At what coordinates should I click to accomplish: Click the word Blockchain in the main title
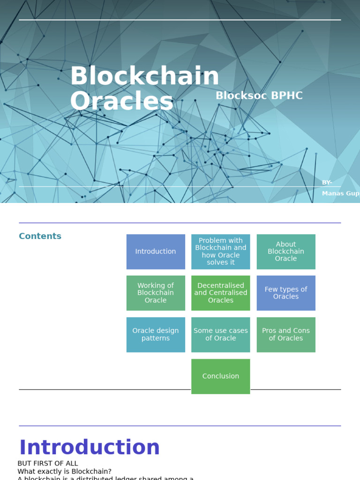click(144, 76)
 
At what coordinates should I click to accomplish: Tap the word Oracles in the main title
click(121, 101)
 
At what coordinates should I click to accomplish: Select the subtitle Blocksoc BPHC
click(259, 96)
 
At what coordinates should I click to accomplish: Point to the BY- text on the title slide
click(327, 182)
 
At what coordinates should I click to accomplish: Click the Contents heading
click(40, 236)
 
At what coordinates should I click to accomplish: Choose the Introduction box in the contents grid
click(156, 252)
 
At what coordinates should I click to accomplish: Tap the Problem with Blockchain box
click(221, 252)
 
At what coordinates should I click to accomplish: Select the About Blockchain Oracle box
click(286, 252)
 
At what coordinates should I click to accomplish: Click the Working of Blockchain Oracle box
click(156, 293)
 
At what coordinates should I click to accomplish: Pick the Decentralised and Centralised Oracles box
click(221, 293)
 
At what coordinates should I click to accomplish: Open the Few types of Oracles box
click(286, 293)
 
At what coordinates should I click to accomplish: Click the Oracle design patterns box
click(156, 335)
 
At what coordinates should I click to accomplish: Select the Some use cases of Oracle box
click(221, 335)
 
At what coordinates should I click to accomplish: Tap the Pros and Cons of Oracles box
click(286, 335)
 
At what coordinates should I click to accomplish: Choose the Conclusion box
click(221, 376)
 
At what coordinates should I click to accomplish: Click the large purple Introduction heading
click(90, 448)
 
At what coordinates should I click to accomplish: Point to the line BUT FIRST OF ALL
click(48, 464)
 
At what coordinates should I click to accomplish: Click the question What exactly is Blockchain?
click(65, 472)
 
